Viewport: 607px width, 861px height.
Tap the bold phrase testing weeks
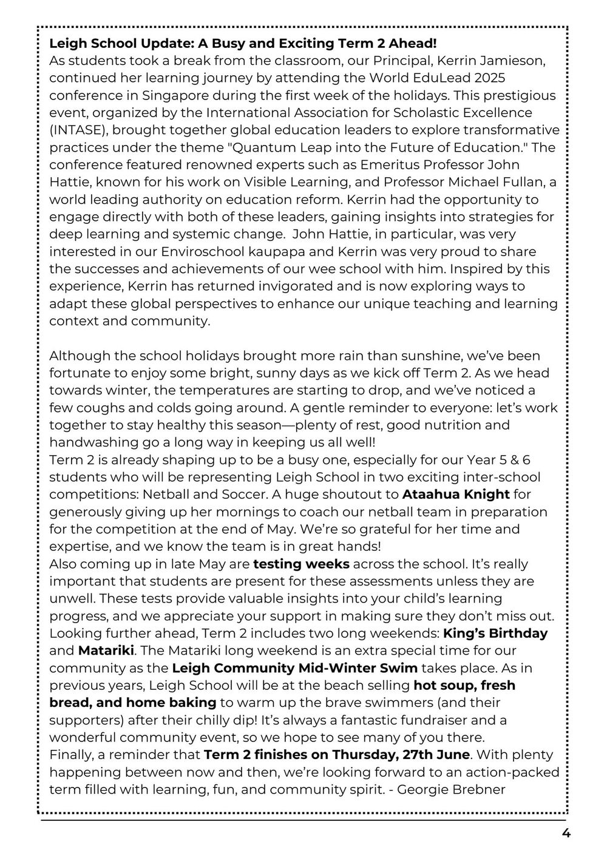301,564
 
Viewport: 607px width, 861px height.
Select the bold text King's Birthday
495,633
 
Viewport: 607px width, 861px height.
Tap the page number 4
566,833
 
